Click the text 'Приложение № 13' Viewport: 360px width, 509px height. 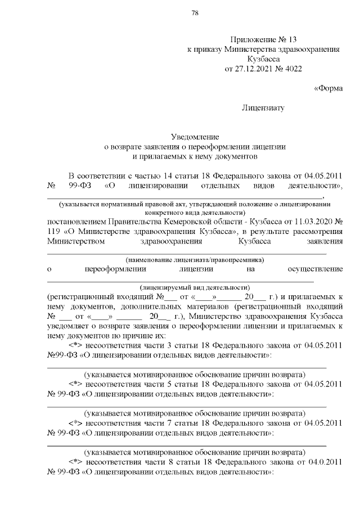click(263, 39)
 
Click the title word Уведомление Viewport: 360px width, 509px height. click(195, 137)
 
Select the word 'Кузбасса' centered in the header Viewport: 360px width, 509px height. click(263, 60)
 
